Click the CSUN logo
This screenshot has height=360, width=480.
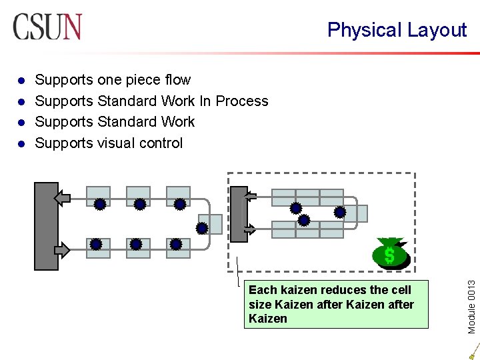tap(47, 27)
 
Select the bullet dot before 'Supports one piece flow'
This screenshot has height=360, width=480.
tap(21, 81)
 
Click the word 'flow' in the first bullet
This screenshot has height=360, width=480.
tap(177, 80)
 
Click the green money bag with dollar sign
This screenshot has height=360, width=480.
tap(391, 253)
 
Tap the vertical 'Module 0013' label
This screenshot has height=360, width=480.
tap(472, 297)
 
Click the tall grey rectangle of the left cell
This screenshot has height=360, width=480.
tap(47, 226)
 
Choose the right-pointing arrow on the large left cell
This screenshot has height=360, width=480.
tap(61, 249)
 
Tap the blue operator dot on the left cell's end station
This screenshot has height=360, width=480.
tap(202, 228)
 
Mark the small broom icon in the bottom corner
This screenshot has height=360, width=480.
tap(473, 352)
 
